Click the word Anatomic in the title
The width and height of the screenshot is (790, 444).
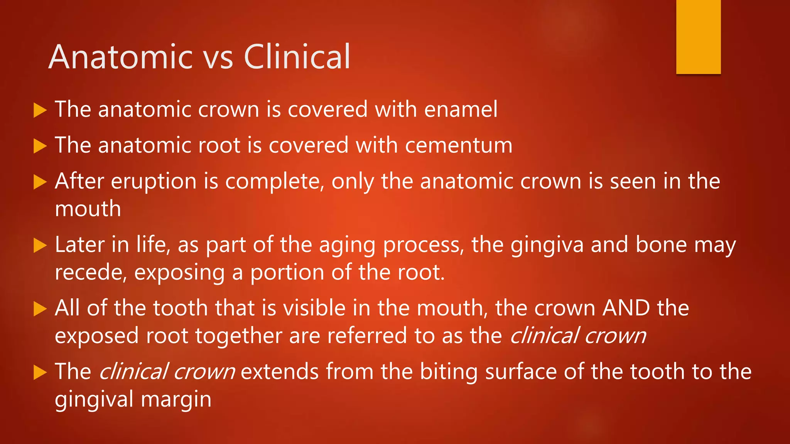pos(120,57)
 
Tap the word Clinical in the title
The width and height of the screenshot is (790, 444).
pos(297,57)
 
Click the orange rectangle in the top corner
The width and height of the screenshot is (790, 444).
pos(698,37)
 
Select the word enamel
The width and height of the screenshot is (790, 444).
pos(461,109)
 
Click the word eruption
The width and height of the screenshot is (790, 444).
pos(154,182)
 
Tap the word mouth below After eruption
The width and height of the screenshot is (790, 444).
pos(88,209)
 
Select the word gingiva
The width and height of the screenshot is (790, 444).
pos(547,246)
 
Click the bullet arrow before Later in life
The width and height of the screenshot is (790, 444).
pos(40,246)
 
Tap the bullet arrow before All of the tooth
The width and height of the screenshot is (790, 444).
pos(40,309)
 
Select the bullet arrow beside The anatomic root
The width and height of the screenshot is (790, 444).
pos(40,146)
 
